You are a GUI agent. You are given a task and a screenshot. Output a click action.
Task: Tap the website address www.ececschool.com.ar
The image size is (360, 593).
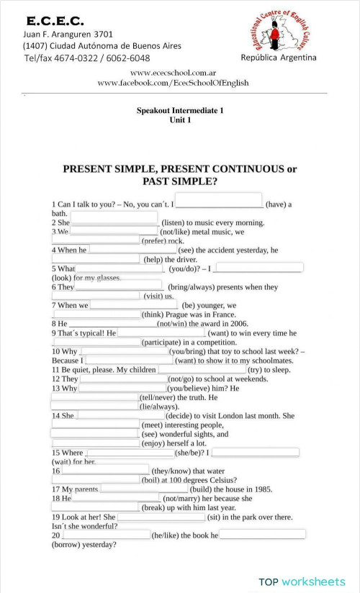coord(174,73)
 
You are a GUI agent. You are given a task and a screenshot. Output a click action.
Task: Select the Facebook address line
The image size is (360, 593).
coord(173,83)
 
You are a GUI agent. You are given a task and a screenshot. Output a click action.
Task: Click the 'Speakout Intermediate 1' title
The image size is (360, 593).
coord(179,111)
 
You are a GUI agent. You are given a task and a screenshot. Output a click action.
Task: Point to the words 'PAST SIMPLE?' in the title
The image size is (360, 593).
coord(180,181)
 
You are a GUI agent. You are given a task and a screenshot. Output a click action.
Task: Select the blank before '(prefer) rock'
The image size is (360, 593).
coord(95,240)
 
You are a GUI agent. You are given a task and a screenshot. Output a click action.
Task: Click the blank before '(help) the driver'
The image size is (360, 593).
coord(95,258)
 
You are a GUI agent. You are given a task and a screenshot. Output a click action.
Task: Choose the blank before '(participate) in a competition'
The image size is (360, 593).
coord(95,342)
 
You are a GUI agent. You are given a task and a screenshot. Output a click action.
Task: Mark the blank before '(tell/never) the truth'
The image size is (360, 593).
coord(94,397)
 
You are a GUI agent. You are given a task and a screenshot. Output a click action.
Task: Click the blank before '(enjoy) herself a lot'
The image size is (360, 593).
coord(95,443)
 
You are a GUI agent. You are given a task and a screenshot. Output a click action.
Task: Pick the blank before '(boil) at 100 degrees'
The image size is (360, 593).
coord(95,479)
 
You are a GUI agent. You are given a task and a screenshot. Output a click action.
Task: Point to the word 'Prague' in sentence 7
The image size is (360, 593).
coord(179,314)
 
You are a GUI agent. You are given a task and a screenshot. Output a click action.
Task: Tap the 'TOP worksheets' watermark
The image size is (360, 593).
coord(302,580)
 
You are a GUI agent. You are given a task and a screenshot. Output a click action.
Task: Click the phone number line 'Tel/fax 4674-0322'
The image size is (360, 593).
coord(87,58)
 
